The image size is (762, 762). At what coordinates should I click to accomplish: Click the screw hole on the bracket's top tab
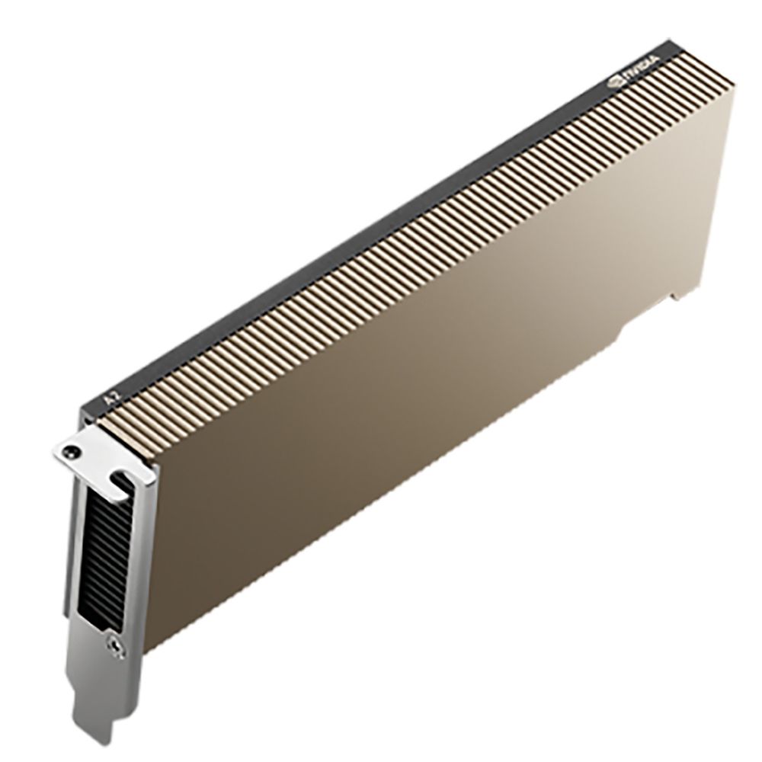click(71, 451)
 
